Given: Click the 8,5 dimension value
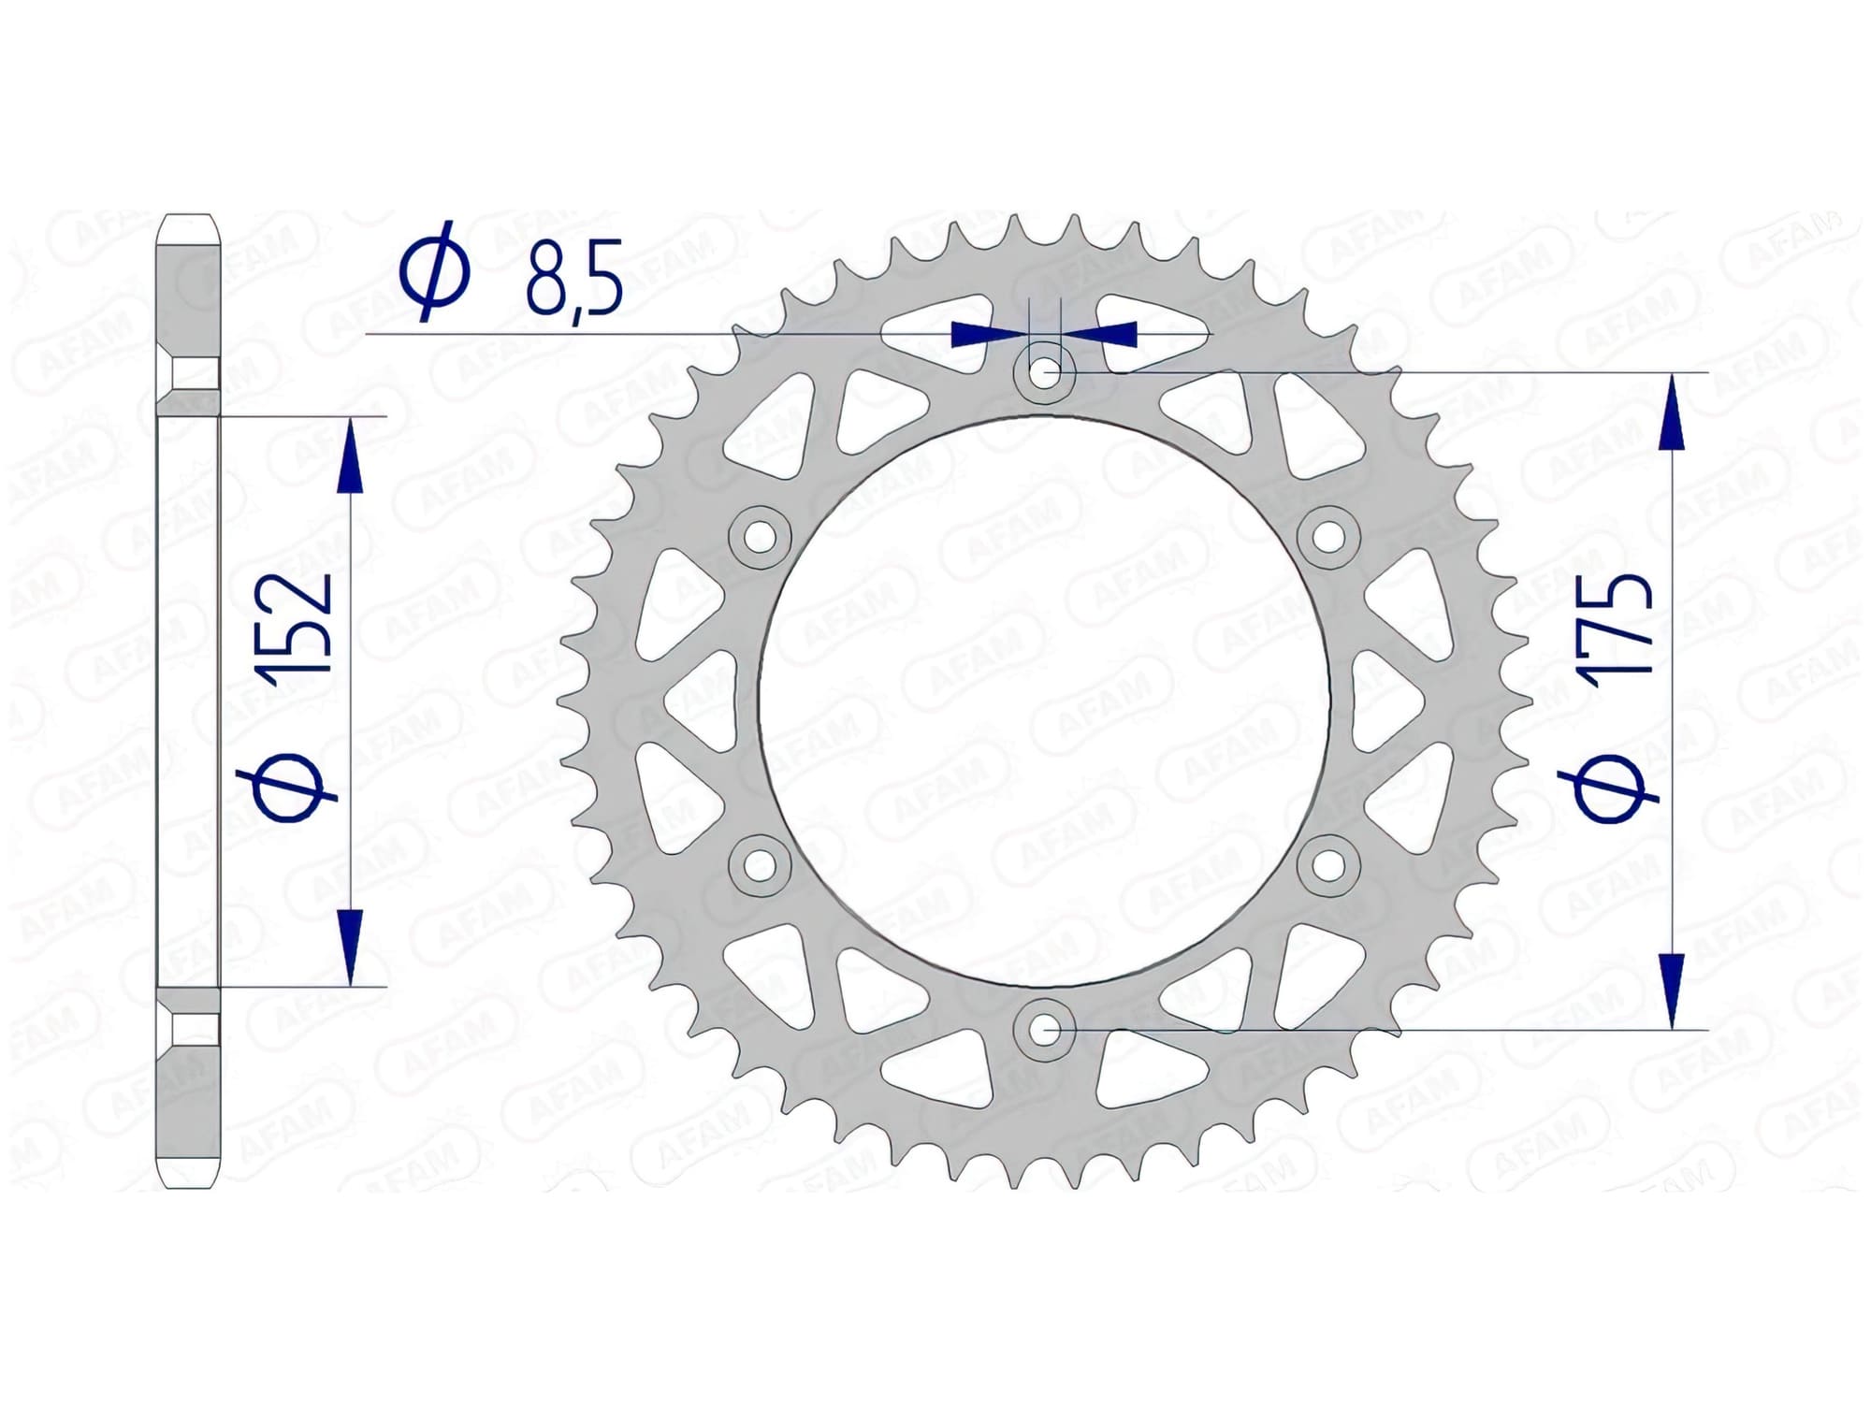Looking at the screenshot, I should [573, 279].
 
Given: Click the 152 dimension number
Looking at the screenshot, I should [301, 622].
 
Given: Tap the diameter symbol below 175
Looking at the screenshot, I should [1616, 786].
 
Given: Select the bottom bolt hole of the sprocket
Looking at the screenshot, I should [1045, 1029].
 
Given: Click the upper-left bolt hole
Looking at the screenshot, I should [760, 537].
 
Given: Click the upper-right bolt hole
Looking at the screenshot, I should [1329, 536].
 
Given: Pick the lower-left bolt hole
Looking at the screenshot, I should [760, 865].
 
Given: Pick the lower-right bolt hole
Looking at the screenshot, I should [1329, 865].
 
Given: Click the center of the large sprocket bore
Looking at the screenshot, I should [1045, 701].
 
